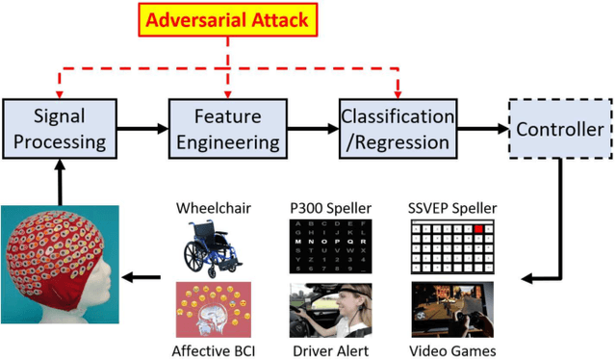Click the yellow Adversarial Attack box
tap(227, 18)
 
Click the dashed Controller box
tap(559, 128)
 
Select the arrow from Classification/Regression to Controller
tap(479, 128)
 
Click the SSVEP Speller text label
tap(451, 208)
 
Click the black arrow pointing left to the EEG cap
tap(145, 279)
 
